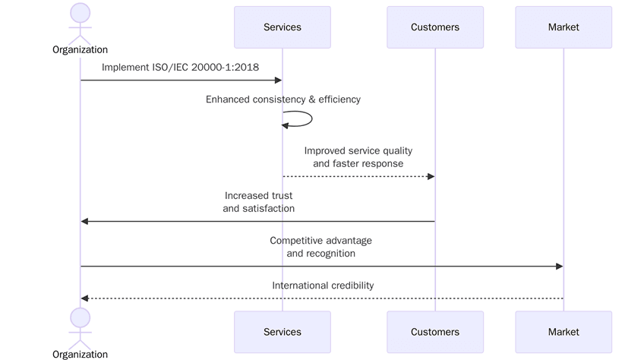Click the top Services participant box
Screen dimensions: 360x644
coord(282,27)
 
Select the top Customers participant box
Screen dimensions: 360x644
coord(434,27)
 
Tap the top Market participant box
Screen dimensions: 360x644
coord(563,27)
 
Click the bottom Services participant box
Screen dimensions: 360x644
coord(282,332)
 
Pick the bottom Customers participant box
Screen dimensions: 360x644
coord(434,332)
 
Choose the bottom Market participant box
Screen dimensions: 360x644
coord(563,332)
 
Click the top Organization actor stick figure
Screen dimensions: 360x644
coord(80,22)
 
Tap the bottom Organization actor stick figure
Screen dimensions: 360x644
coord(80,326)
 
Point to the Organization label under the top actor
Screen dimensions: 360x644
coord(80,50)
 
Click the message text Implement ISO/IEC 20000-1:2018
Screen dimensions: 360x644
coord(180,68)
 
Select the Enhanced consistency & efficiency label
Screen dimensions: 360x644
coord(283,99)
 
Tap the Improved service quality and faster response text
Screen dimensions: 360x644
coord(358,157)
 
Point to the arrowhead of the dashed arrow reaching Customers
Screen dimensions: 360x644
coord(431,176)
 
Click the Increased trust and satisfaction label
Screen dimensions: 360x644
coord(258,202)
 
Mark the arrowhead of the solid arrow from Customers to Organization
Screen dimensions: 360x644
coord(85,221)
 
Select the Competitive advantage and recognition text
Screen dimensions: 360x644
coord(320,247)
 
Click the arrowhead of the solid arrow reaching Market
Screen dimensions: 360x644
coord(559,266)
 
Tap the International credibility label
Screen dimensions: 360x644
coord(323,286)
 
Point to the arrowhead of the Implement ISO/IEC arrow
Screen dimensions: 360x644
coord(278,80)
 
